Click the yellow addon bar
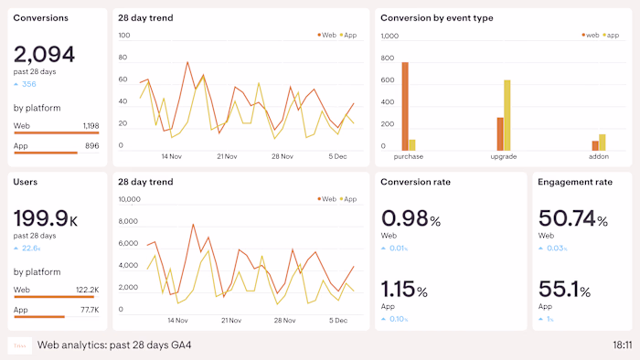[602, 143]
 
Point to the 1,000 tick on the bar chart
[390, 37]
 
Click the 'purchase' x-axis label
[408, 157]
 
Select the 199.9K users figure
[46, 218]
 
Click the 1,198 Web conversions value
[91, 126]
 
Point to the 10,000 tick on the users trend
[128, 199]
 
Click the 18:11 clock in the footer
[621, 345]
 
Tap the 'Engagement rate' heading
[574, 182]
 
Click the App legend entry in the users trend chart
[347, 199]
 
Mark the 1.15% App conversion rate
[404, 291]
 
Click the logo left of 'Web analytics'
[19, 345]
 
